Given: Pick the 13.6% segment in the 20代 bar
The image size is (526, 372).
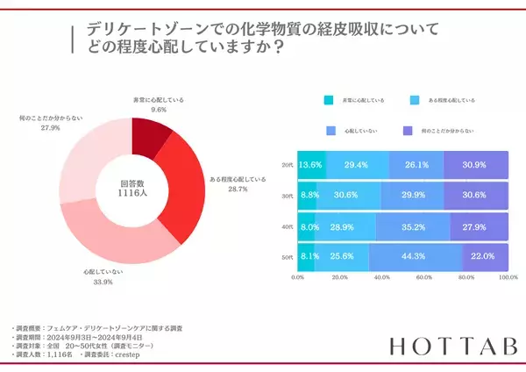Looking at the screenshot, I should [x=311, y=164].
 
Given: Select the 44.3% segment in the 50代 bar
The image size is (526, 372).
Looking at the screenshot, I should [x=415, y=256].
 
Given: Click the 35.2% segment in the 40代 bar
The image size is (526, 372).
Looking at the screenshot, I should [x=412, y=225].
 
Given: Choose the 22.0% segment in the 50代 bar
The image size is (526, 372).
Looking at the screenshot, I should [x=484, y=256].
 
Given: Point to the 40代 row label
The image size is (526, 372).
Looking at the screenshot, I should [x=287, y=226].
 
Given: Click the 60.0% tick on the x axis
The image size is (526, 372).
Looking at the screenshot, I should [x=423, y=277].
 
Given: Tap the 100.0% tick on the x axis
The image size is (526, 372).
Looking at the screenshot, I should [x=507, y=277].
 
